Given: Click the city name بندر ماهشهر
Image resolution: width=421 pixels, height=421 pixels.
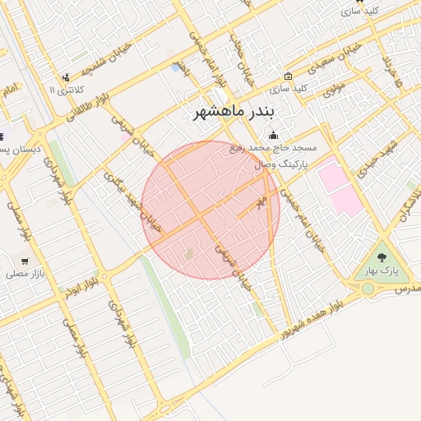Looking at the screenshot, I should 236,111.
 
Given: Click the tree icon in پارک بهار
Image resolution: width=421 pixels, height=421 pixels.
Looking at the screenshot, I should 381,257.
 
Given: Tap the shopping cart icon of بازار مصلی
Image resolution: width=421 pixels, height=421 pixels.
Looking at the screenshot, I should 25,261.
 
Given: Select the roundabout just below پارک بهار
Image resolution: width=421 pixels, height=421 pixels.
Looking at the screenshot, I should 368,289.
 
